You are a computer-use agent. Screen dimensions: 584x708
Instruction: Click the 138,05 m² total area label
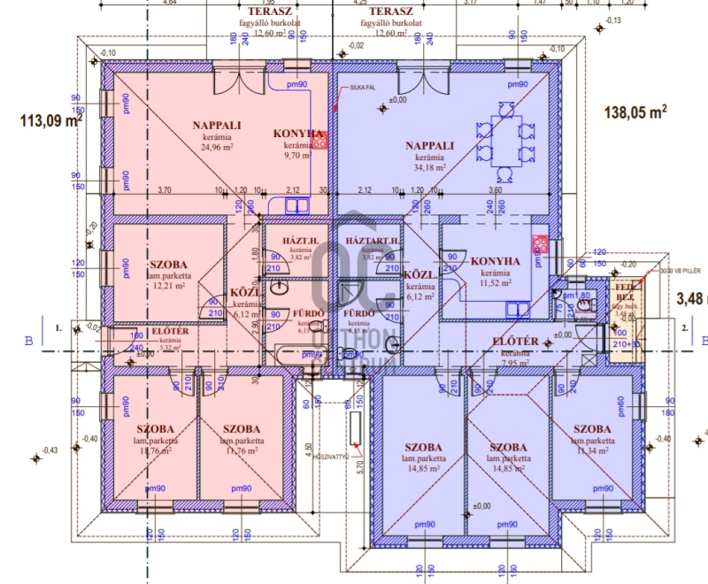pyautogui.click(x=635, y=112)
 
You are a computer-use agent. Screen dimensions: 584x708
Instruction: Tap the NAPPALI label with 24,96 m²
pyautogui.click(x=217, y=126)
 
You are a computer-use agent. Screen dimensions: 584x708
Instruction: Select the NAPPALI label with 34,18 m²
pyautogui.click(x=430, y=146)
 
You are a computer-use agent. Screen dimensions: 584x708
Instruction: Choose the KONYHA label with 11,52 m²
pyautogui.click(x=495, y=262)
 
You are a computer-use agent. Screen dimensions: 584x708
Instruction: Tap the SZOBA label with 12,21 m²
pyautogui.click(x=167, y=265)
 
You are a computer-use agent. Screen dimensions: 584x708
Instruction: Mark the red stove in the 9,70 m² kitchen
pyautogui.click(x=321, y=139)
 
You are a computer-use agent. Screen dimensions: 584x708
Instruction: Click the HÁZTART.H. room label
pyautogui.click(x=373, y=242)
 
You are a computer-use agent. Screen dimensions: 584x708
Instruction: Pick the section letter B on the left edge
pyautogui.click(x=29, y=338)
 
